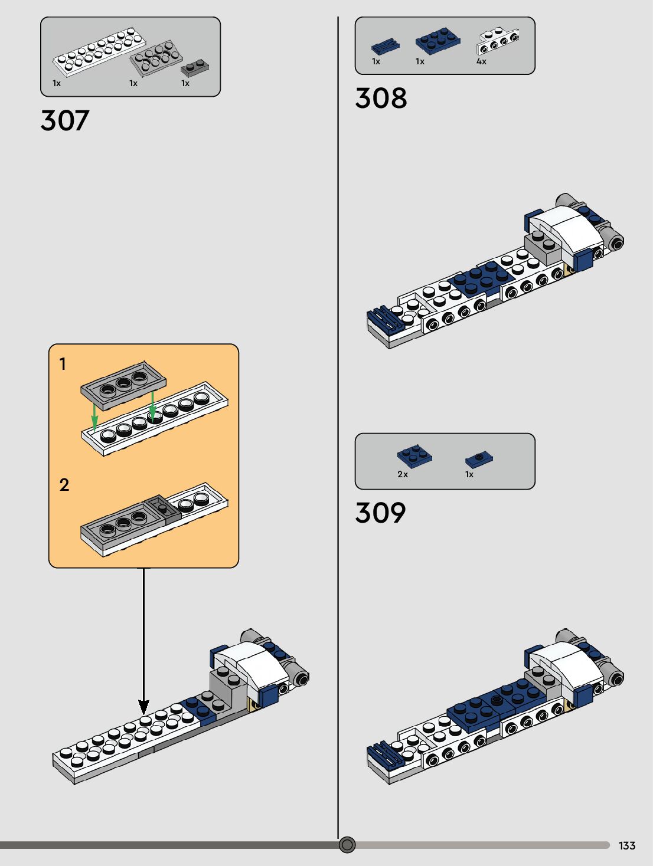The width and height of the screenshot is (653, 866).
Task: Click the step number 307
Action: pos(65,120)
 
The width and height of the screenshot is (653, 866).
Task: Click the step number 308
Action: pos(381,98)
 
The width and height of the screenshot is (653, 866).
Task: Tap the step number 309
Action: pos(380,513)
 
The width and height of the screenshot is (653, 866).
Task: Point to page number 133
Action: pos(627,845)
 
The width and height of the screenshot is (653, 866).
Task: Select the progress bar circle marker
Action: pos(347,845)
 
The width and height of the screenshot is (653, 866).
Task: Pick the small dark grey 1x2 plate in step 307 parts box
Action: pos(195,67)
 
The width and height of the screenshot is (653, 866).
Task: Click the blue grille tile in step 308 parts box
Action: pos(385,45)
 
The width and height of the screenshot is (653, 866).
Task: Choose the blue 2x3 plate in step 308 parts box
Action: pos(438,41)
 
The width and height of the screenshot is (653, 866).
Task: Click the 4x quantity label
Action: pos(481,61)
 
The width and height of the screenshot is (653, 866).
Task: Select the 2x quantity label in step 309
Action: pos(403,474)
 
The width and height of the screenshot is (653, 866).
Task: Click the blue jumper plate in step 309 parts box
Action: pos(479,458)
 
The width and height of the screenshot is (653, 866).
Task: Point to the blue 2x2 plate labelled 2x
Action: pos(414,455)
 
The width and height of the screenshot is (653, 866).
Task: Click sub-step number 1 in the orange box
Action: pos(63,364)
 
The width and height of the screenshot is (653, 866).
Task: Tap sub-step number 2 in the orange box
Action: pos(64,485)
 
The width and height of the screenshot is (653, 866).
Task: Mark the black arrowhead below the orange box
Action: pos(143,707)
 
